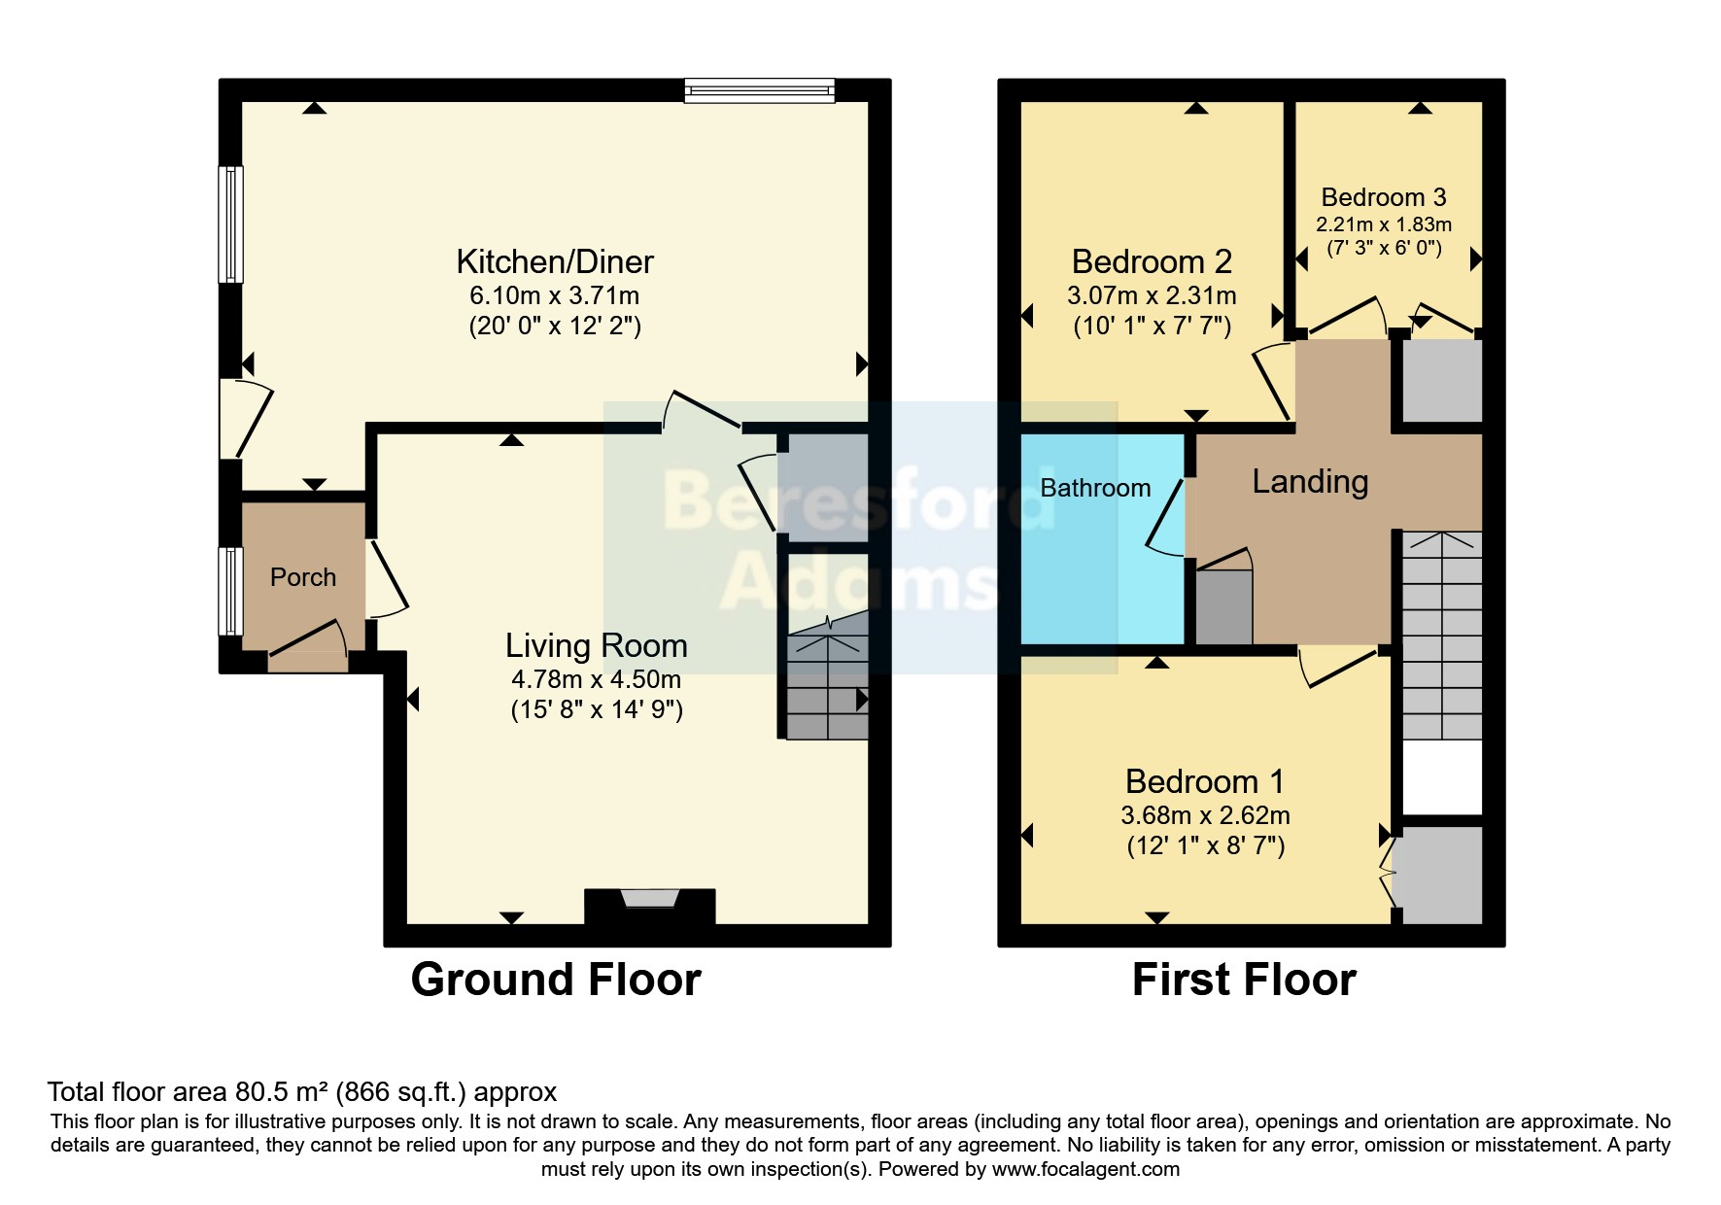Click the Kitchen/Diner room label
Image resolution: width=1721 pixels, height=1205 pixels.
[555, 261]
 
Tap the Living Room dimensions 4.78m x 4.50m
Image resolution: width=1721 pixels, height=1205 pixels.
[596, 679]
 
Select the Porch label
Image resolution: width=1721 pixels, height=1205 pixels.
[303, 577]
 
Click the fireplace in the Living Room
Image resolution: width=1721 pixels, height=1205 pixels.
[649, 905]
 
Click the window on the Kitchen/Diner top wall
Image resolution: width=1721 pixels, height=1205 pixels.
[759, 90]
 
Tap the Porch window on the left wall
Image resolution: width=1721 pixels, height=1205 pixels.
[230, 591]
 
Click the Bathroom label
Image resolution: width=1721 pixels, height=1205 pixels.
[1095, 488]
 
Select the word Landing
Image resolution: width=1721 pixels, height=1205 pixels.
[1310, 482]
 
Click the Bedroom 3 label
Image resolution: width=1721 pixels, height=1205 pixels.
[1384, 197]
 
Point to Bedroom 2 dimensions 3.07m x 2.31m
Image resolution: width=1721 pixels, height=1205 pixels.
[1152, 295]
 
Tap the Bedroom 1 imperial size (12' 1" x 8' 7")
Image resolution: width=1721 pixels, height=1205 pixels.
[1206, 846]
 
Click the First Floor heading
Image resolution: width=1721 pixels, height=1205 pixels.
[1244, 980]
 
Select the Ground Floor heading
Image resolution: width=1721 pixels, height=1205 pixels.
[556, 980]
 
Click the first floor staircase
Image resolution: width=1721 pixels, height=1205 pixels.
[1442, 636]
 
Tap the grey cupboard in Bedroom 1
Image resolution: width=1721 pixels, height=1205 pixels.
[1440, 875]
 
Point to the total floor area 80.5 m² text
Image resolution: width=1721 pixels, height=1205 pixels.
[302, 1092]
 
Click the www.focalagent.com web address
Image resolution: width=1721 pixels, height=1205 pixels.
[1085, 1169]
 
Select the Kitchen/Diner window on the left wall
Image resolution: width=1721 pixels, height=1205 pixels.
[230, 224]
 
